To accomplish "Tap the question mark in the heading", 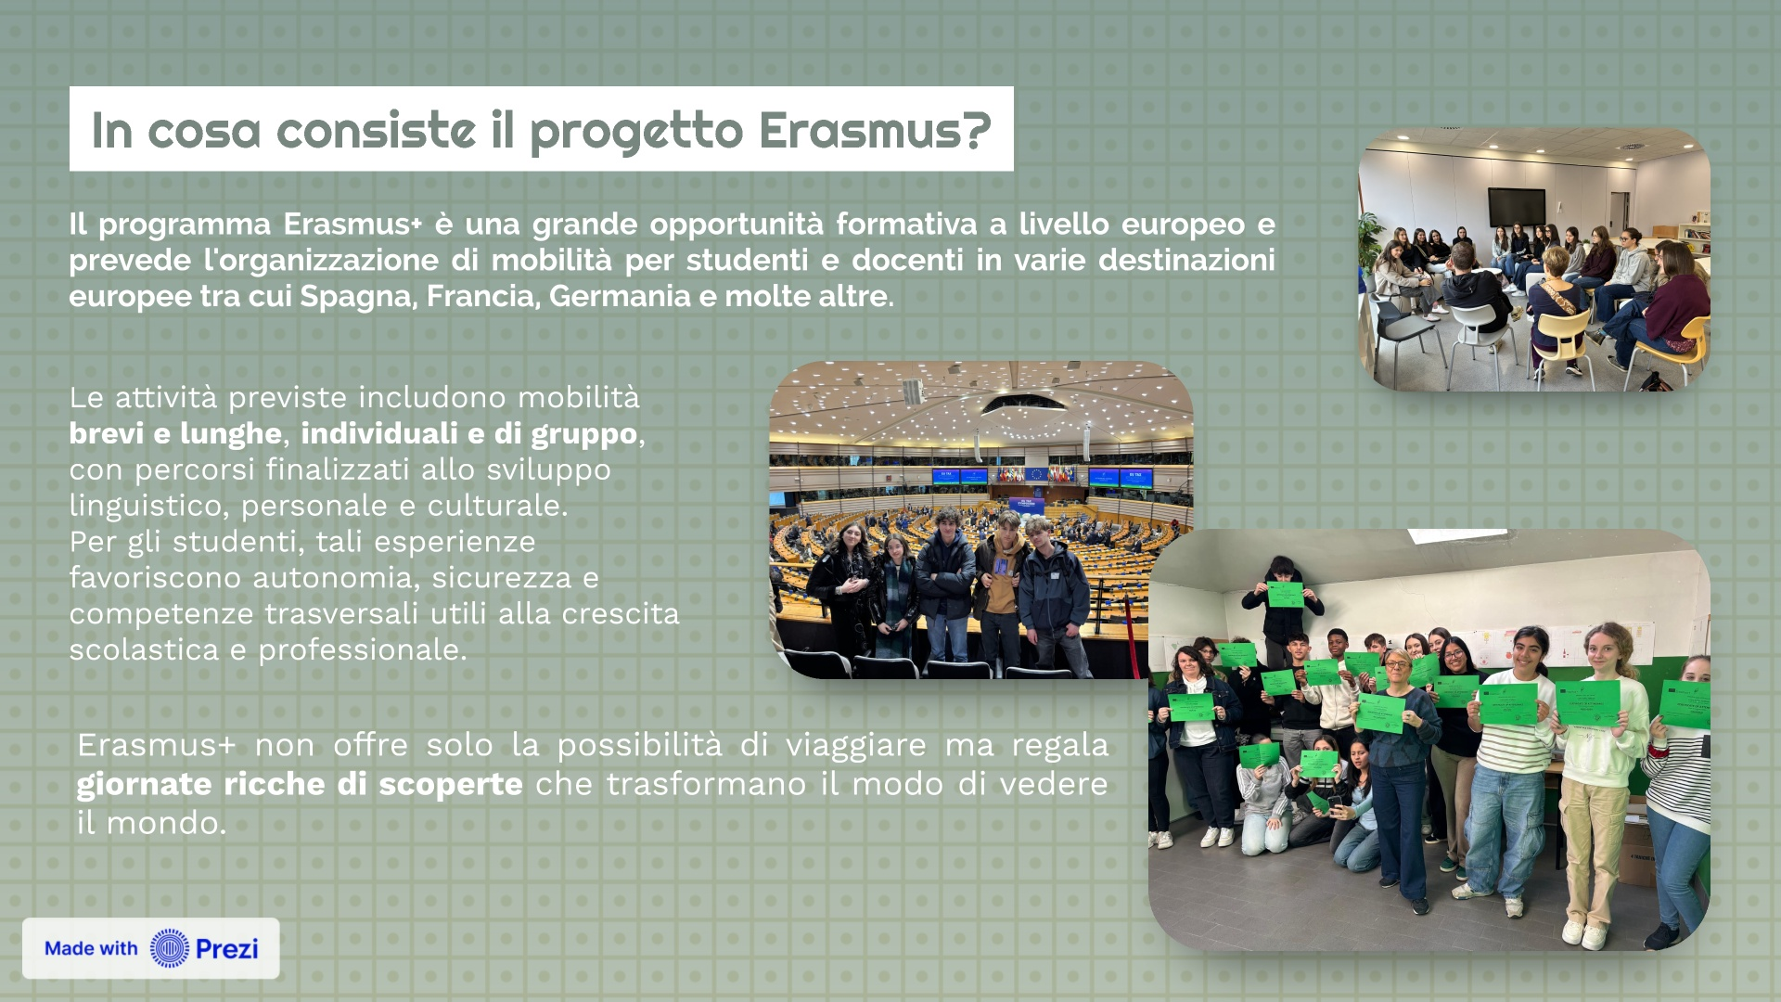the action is point(978,129).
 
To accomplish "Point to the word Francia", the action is point(483,296).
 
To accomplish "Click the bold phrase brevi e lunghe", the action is point(175,433).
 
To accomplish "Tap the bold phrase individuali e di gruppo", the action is point(469,433).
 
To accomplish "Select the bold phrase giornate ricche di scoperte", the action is point(300,784).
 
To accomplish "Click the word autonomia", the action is point(336,578).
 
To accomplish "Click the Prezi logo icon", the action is point(170,948).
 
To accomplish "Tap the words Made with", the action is point(91,948).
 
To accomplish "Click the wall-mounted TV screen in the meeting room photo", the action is point(1517,206).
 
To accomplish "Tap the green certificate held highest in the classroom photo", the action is point(1285,594).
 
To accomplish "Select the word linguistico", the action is point(148,506).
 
